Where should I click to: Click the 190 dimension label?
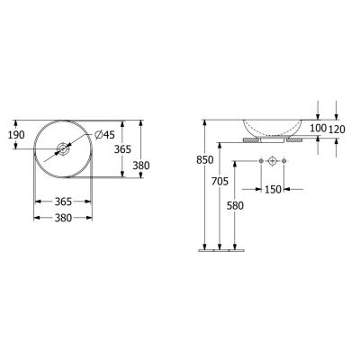click(16, 135)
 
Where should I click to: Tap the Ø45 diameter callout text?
click(104, 135)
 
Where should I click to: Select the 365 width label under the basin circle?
click(63, 202)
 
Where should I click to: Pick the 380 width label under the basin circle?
click(63, 218)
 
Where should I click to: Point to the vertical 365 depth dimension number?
click(122, 149)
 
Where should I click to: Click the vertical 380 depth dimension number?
click(141, 166)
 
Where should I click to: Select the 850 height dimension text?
click(205, 160)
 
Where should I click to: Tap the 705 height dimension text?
click(220, 181)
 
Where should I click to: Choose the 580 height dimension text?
click(235, 205)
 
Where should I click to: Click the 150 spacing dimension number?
click(273, 189)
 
